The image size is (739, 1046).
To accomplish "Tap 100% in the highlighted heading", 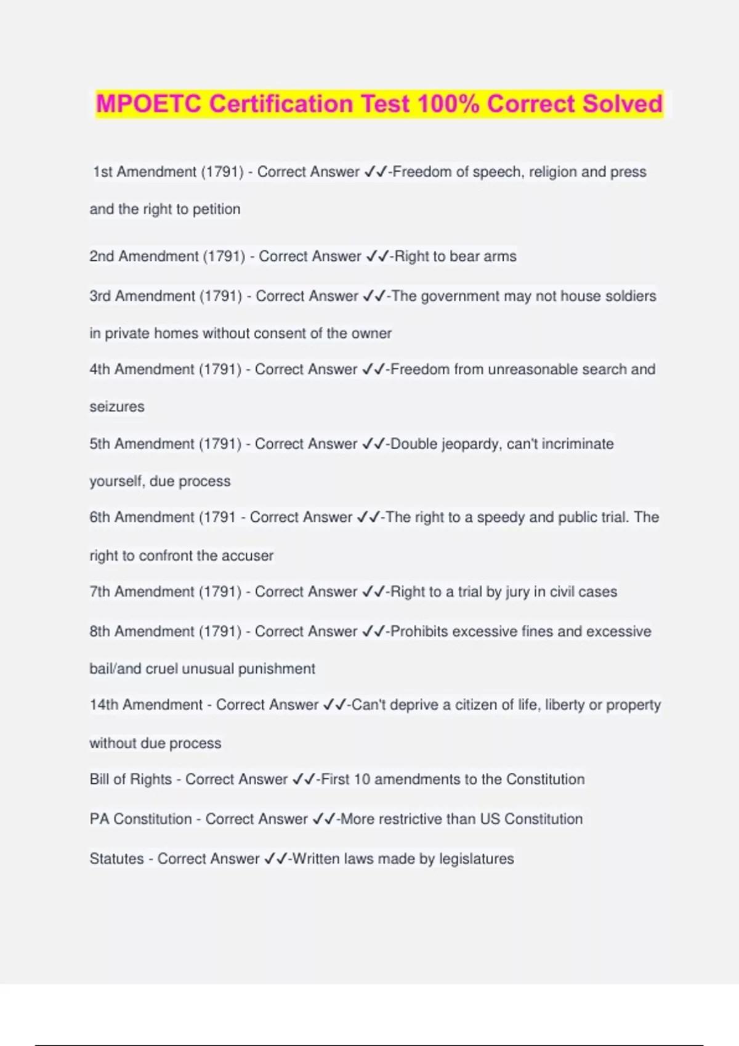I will [448, 103].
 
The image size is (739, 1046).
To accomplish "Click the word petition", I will [216, 209].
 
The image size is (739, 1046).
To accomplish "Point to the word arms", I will [500, 256].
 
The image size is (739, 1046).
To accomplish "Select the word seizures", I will [117, 407].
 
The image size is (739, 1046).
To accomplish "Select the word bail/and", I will [115, 669].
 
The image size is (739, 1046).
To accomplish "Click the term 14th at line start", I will [103, 705].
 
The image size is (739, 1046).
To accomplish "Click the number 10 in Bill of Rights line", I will [362, 780].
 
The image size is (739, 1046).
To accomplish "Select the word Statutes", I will [116, 859].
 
